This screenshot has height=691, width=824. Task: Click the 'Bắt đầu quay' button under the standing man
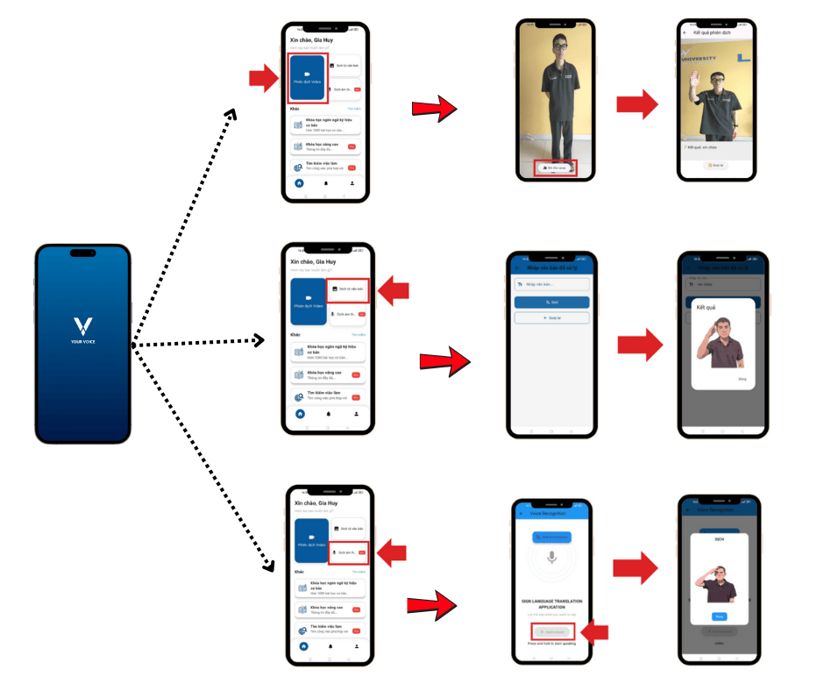pyautogui.click(x=555, y=167)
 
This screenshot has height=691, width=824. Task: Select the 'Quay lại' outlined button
pyautogui.click(x=551, y=318)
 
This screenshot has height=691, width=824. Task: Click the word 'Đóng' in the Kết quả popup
pyautogui.click(x=742, y=380)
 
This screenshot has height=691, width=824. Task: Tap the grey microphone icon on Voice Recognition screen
pyautogui.click(x=551, y=557)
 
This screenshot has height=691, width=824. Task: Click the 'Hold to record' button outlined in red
pyautogui.click(x=550, y=631)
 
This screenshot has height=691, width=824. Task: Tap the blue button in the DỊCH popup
pyautogui.click(x=719, y=616)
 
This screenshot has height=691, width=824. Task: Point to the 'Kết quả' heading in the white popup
pyautogui.click(x=707, y=309)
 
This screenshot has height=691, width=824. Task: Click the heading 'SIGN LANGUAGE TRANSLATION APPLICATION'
pyautogui.click(x=551, y=605)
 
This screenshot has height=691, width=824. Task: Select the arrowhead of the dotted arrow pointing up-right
pyautogui.click(x=231, y=114)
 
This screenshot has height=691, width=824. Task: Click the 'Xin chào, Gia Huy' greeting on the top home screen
pyautogui.click(x=313, y=39)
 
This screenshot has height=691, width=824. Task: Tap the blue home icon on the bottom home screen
pyautogui.click(x=303, y=646)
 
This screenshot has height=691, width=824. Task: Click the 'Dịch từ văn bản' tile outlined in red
pyautogui.click(x=348, y=289)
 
